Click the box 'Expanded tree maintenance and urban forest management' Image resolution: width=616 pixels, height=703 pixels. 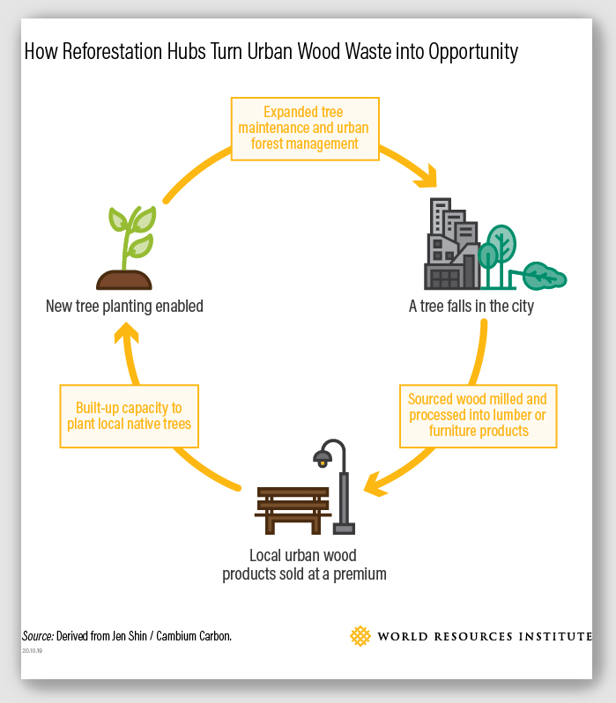coord(305,128)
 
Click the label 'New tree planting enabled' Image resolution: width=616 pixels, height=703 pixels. coord(124,307)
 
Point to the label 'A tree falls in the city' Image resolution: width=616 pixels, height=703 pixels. coord(471,307)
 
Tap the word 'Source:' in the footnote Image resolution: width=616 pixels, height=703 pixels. coord(38,636)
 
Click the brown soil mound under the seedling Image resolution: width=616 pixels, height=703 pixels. coord(124,280)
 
